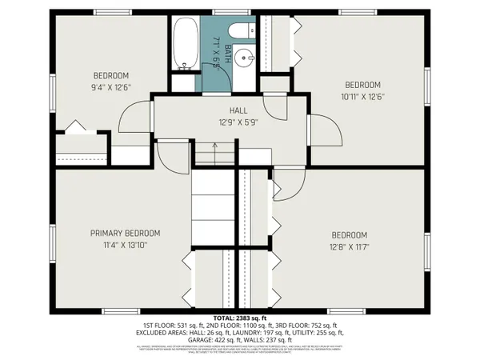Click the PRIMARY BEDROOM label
(x=125, y=234)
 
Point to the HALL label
(x=238, y=111)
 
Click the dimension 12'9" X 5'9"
(x=238, y=123)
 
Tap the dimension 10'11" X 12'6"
(x=363, y=98)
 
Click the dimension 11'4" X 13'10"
(x=125, y=246)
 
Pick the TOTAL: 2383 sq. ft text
(x=239, y=318)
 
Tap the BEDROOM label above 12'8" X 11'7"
(x=350, y=235)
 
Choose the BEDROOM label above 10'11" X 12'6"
(x=363, y=85)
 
